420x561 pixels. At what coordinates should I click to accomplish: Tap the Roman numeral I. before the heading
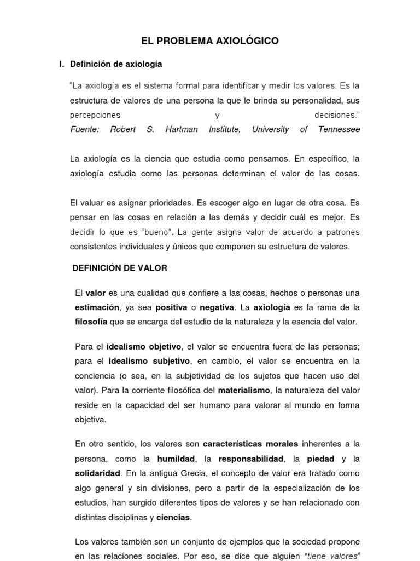click(62, 64)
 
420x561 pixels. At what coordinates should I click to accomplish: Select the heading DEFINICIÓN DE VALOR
click(120, 268)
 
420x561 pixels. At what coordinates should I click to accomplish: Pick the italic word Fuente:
click(84, 129)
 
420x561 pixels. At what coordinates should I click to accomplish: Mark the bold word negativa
click(217, 307)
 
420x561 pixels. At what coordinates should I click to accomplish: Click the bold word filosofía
click(91, 322)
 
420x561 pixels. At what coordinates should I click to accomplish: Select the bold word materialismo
click(244, 391)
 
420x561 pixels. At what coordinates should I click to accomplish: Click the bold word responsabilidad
click(251, 458)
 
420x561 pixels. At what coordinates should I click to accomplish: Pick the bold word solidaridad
click(98, 472)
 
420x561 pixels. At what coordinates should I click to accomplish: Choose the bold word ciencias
click(173, 517)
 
